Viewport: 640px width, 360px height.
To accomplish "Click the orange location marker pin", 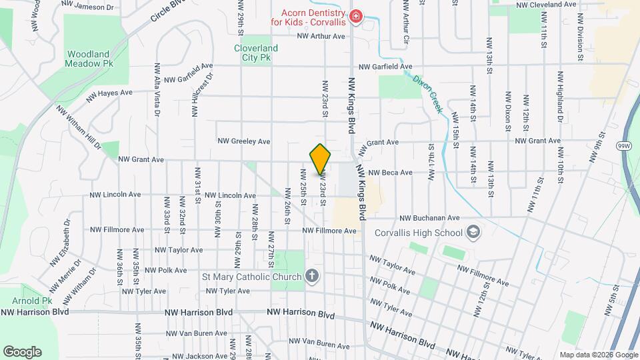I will pos(320,159).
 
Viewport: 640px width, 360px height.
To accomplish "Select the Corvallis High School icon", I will pos(473,232).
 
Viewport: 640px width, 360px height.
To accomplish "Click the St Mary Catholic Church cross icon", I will pos(311,276).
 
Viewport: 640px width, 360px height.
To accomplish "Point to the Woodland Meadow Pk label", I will pos(90,59).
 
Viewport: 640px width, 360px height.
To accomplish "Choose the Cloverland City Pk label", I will pos(256,53).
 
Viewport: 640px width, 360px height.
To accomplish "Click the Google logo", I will pos(22,352).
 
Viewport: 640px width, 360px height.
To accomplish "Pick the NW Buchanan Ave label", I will pos(430,217).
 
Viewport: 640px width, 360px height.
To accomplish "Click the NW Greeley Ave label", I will pos(244,141).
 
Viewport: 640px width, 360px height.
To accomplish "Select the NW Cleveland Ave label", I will pos(549,5).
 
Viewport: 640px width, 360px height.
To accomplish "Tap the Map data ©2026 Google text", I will pos(599,355).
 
